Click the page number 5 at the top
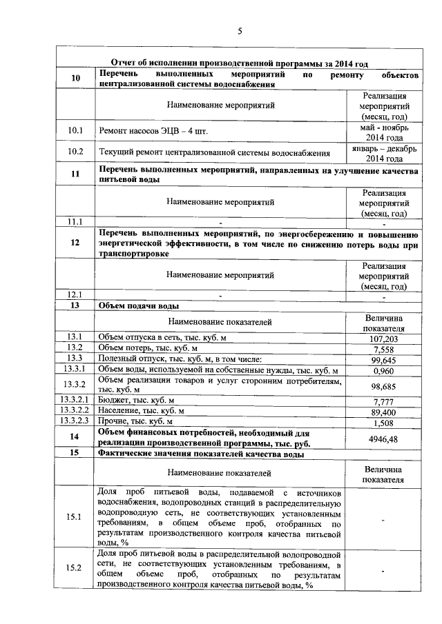(x=240, y=31)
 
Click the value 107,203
(x=383, y=339)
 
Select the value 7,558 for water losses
(x=383, y=349)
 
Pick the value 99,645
(x=383, y=360)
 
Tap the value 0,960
(x=383, y=371)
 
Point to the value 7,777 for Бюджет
(x=383, y=401)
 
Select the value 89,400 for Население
(x=383, y=412)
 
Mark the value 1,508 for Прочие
(x=383, y=422)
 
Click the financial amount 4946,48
(x=383, y=437)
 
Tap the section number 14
(x=75, y=437)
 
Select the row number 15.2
(x=75, y=568)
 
